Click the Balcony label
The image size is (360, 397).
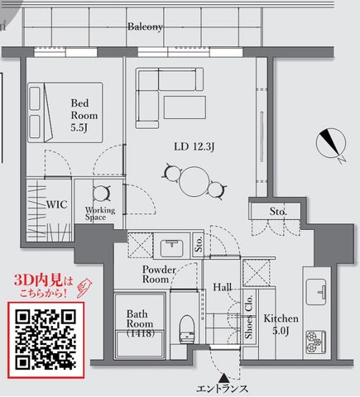pyautogui.click(x=145, y=26)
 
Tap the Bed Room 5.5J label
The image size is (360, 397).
pyautogui.click(x=84, y=115)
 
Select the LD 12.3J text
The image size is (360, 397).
pyautogui.click(x=194, y=146)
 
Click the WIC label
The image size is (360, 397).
pyautogui.click(x=56, y=204)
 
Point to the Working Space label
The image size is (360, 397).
pyautogui.click(x=100, y=213)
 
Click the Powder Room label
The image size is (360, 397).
pyautogui.click(x=159, y=275)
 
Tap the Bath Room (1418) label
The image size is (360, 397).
pyautogui.click(x=140, y=323)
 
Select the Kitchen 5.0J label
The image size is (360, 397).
pyautogui.click(x=281, y=325)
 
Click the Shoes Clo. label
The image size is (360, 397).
pyautogui.click(x=249, y=317)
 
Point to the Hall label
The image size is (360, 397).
pyautogui.click(x=222, y=288)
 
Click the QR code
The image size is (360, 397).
pyautogui.click(x=46, y=340)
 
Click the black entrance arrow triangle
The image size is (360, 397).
pyautogui.click(x=224, y=377)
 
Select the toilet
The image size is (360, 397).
pyautogui.click(x=187, y=328)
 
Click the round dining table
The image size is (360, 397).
pyautogui.click(x=194, y=181)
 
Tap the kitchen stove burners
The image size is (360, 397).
pyautogui.click(x=315, y=342)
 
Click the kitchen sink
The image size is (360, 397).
pyautogui.click(x=316, y=292)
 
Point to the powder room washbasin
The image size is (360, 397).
pyautogui.click(x=172, y=246)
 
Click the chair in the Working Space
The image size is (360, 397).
pyautogui.click(x=102, y=193)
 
